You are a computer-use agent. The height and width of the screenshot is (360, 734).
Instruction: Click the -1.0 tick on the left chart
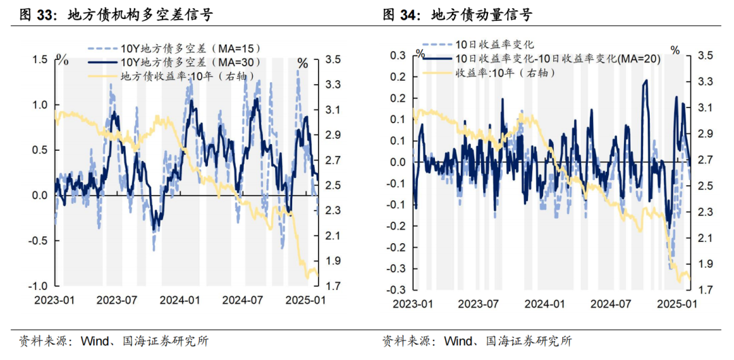pos(38,285)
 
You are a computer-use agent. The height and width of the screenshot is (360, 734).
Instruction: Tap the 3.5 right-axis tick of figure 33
pos(333,60)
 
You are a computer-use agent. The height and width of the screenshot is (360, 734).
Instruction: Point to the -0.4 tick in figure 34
pos(396,290)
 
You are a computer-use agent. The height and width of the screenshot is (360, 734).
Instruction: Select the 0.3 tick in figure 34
pos(398,55)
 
